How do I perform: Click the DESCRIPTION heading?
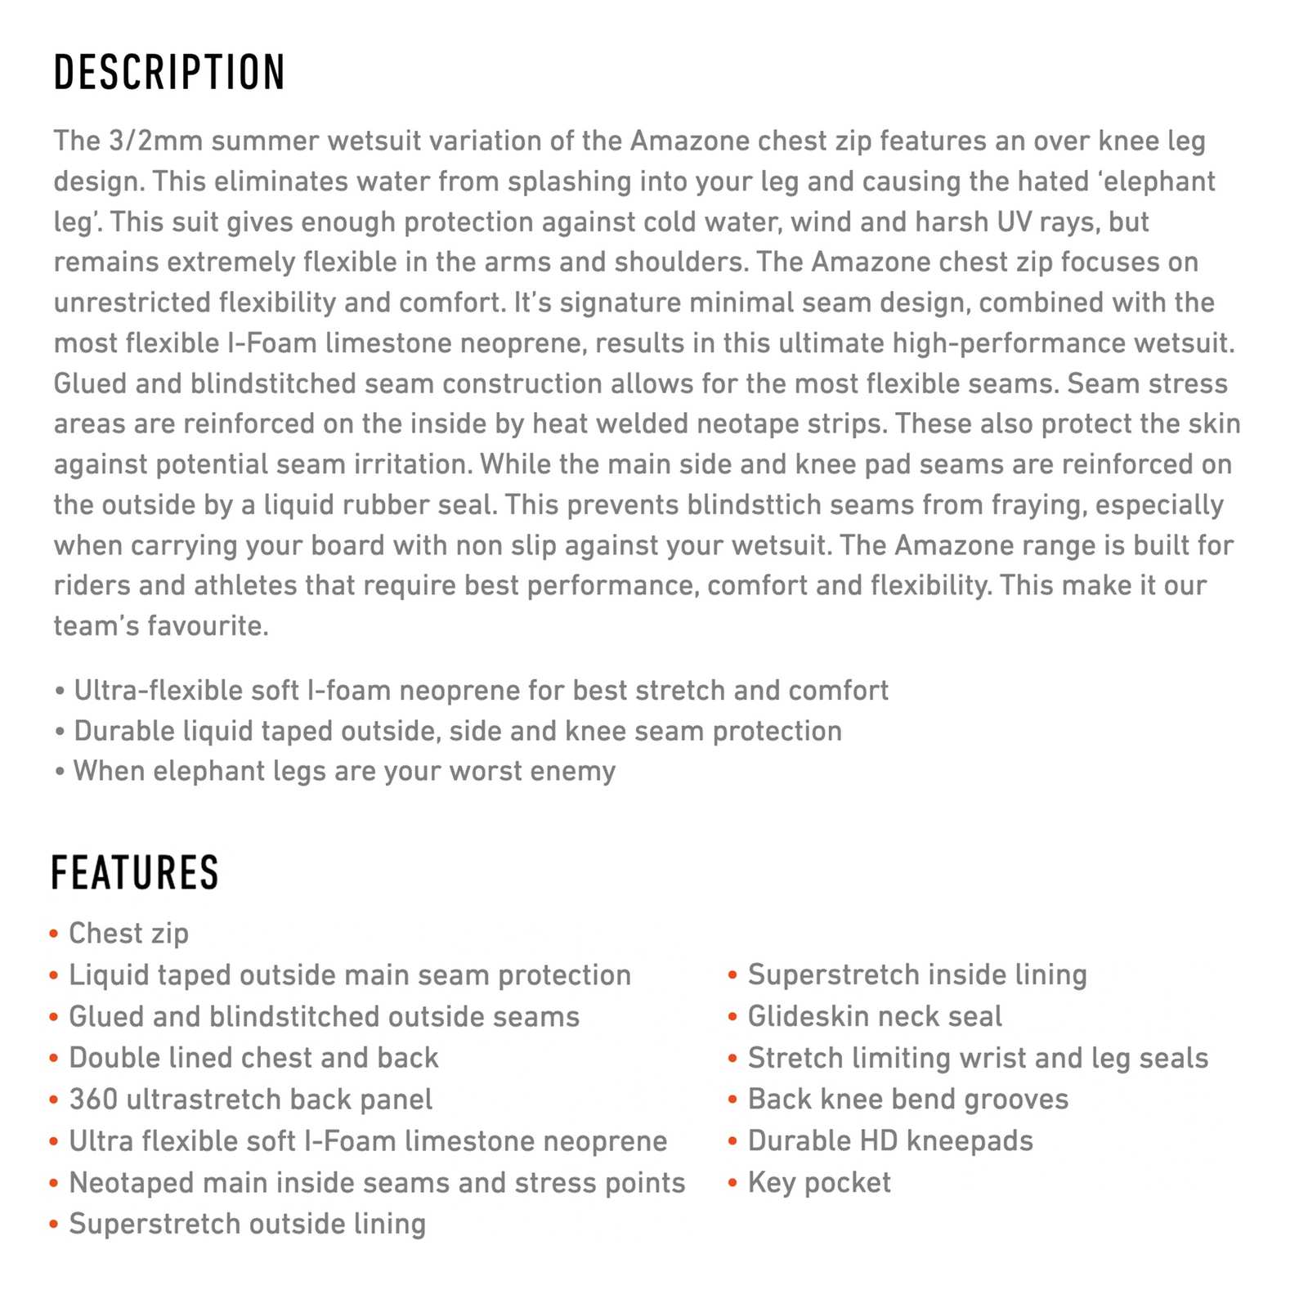coord(169,72)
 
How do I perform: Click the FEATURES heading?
coord(135,872)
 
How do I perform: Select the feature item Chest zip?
coord(128,933)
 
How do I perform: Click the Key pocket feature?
coord(819,1182)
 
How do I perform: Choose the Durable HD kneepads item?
coord(890,1140)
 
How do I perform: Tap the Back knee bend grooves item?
coord(907,1099)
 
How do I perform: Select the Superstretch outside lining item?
coord(247,1224)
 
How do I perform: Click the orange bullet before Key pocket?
coord(732,1182)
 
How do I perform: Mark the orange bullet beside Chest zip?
coord(54,933)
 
